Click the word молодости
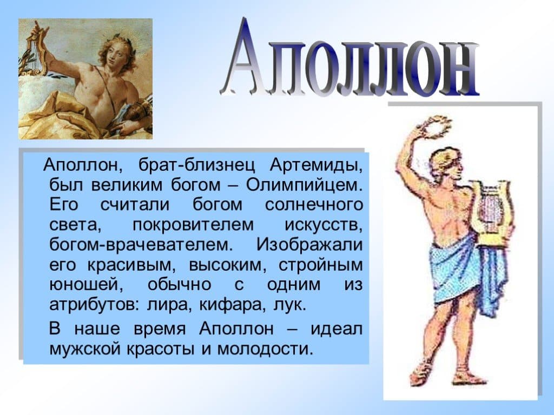pyautogui.click(x=265, y=349)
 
